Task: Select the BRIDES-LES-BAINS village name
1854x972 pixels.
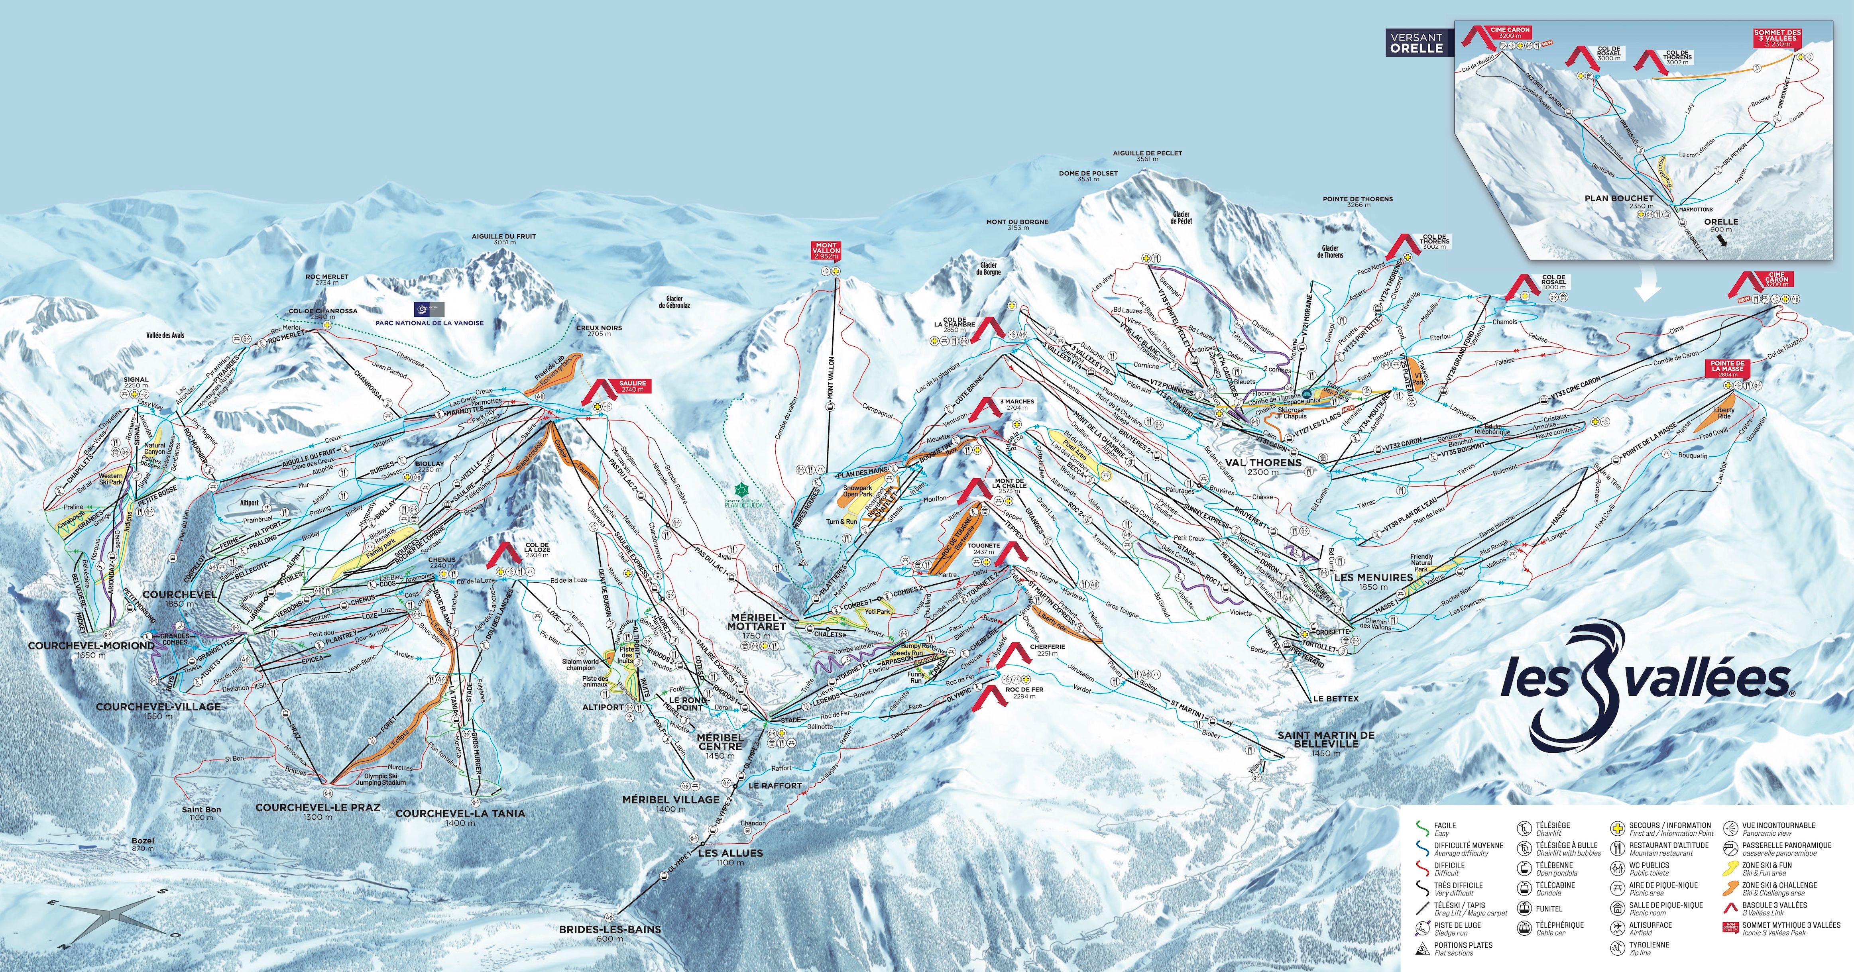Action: [x=609, y=929]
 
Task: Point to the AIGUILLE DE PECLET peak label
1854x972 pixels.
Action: [x=1147, y=153]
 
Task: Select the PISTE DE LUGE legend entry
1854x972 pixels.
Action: [x=1457, y=925]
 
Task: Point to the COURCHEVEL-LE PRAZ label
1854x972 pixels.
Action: [x=317, y=807]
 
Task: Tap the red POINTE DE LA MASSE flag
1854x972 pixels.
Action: [x=1727, y=368]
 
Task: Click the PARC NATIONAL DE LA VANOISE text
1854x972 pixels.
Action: [x=429, y=323]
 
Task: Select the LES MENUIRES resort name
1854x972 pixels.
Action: [x=1373, y=577]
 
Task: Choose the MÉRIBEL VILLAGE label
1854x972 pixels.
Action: [x=671, y=799]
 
